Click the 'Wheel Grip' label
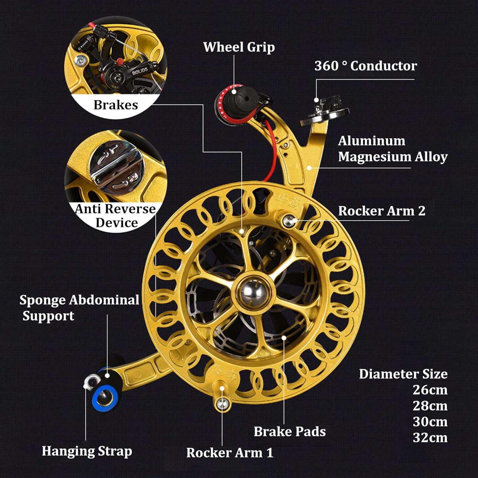click(x=239, y=47)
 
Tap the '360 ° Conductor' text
click(x=366, y=66)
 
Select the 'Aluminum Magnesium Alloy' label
click(x=393, y=149)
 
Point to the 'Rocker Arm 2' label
click(x=381, y=211)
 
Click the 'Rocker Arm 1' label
click(x=230, y=453)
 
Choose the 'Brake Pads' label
click(x=290, y=431)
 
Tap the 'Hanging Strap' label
click(x=87, y=451)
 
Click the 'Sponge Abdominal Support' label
click(x=79, y=308)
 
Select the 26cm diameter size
click(x=430, y=390)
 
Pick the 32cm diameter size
click(x=430, y=438)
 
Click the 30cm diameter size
click(x=430, y=422)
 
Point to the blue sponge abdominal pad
click(x=105, y=397)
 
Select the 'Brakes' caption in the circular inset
click(x=116, y=105)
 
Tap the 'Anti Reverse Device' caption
click(x=116, y=216)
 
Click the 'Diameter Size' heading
click(x=403, y=374)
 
